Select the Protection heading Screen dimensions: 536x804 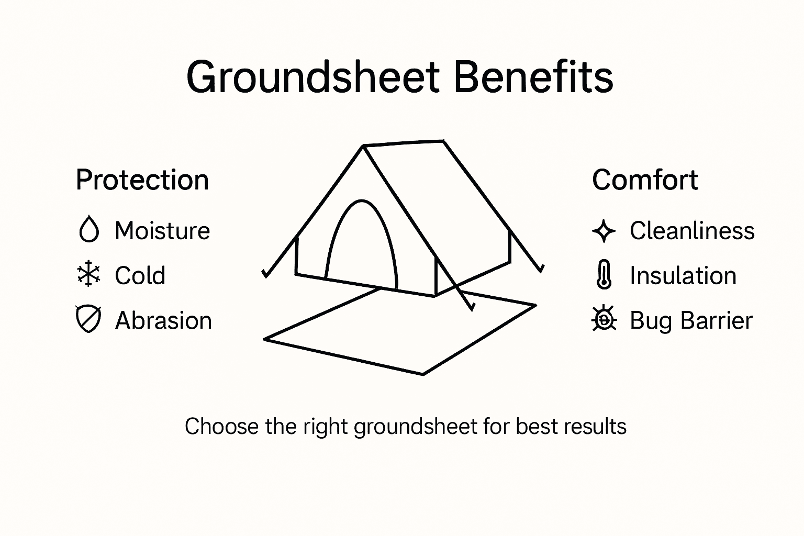[142, 180]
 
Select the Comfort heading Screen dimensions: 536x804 [645, 180]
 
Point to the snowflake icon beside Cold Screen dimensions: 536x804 [88, 274]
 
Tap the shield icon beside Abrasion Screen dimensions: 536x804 [88, 319]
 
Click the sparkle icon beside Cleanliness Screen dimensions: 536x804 [604, 231]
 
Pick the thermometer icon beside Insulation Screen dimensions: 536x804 [604, 275]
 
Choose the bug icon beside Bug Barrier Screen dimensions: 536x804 [604, 319]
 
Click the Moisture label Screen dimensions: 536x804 [162, 231]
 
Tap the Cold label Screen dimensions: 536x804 [140, 276]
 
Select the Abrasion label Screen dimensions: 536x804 [163, 320]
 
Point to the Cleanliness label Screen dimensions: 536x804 [692, 231]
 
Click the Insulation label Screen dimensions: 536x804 [683, 276]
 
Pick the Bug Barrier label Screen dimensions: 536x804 [691, 320]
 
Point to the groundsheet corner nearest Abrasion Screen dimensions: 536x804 [265, 339]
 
